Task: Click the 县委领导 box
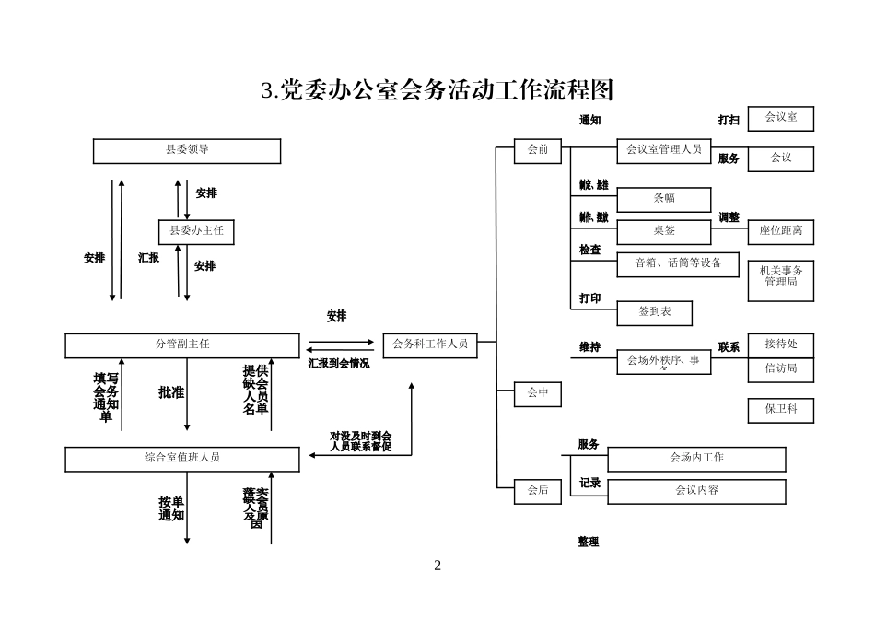[x=187, y=150]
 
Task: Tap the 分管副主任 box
[x=182, y=345]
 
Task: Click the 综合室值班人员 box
[x=182, y=459]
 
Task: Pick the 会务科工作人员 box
[x=430, y=345]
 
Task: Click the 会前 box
[x=538, y=150]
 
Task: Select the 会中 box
[x=538, y=394]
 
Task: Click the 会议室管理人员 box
[x=664, y=150]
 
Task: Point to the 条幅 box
[x=664, y=199]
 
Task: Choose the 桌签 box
[x=664, y=231]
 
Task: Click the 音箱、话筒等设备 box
[x=678, y=264]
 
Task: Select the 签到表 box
[x=655, y=313]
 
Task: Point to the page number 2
[x=437, y=566]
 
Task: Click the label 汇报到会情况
[x=339, y=364]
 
